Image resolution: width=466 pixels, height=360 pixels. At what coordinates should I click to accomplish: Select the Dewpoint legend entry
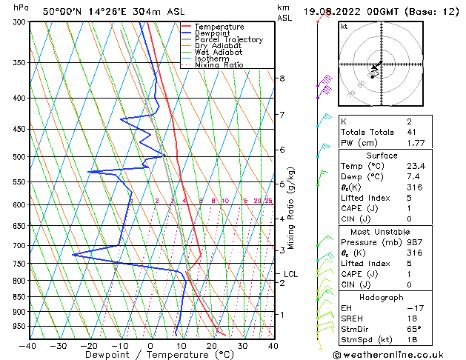pyautogui.click(x=215, y=33)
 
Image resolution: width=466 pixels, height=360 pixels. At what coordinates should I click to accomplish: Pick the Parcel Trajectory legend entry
pyautogui.click(x=228, y=40)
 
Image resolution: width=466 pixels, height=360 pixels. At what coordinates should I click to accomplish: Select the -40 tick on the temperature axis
pyautogui.click(x=28, y=345)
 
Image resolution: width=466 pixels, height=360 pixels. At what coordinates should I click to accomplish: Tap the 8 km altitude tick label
pyautogui.click(x=282, y=79)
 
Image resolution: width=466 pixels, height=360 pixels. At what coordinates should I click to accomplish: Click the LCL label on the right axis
pyautogui.click(x=290, y=274)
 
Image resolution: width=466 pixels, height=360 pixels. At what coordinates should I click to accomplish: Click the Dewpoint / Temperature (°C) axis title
pyautogui.click(x=150, y=355)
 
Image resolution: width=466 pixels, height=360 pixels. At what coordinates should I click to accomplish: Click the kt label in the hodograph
pyautogui.click(x=344, y=26)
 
